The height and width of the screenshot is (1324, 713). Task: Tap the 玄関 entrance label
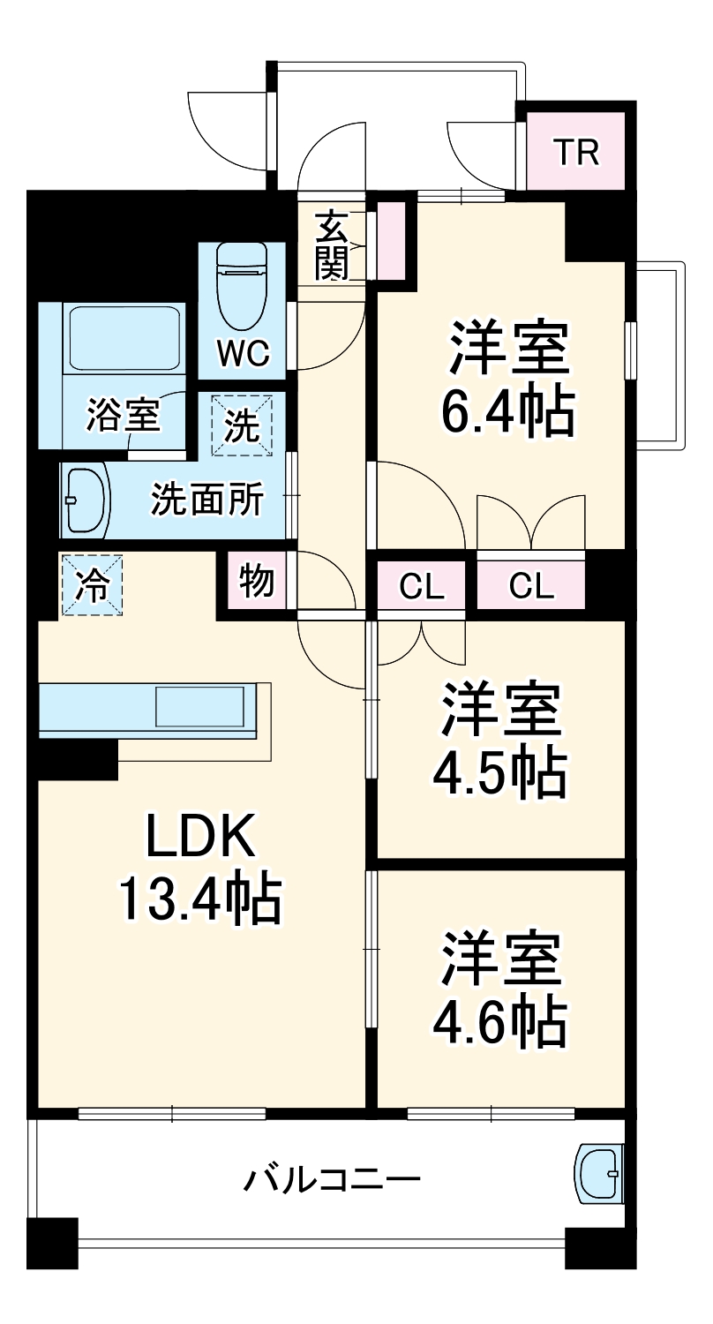pos(332,245)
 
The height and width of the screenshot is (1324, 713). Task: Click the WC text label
pos(243,354)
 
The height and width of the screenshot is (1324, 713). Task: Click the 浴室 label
pos(123,415)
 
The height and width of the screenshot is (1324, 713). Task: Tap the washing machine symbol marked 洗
pos(242,425)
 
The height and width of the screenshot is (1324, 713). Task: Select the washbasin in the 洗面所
pos(85,500)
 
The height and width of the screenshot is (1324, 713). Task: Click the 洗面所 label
pos(206,500)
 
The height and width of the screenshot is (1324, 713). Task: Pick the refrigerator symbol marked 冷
pos(92,584)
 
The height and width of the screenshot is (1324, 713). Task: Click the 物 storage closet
pos(256,583)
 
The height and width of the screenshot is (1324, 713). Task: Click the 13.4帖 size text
pos(199,899)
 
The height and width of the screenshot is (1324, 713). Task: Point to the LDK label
pos(200,836)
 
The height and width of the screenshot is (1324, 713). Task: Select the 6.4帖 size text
pos(507,409)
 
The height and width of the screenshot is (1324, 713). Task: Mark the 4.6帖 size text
pos(499,1019)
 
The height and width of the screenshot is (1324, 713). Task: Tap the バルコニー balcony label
pos(332,1179)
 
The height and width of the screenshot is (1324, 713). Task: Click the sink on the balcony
pos(600,1173)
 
